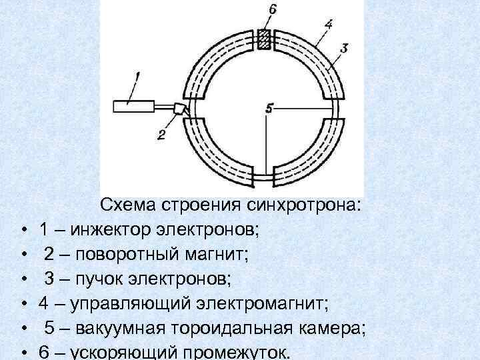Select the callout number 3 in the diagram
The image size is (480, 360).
343,48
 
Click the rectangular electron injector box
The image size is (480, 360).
133,105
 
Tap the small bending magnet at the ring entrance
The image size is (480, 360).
179,108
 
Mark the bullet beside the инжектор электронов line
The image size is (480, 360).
22,231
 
